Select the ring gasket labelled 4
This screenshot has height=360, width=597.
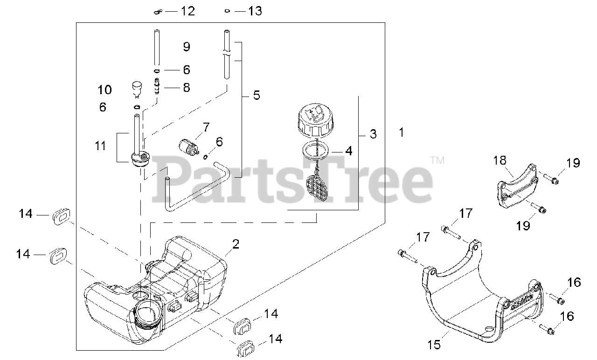pos(316,150)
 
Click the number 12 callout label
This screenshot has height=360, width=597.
pos(187,11)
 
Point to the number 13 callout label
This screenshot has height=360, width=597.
pos(255,11)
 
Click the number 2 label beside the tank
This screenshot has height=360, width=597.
pos(236,243)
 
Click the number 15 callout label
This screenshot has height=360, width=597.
pos(434,346)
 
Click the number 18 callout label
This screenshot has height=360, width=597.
pos(500,161)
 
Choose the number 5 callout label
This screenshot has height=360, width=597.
pos(257,96)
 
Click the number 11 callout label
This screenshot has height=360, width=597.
pos(100,146)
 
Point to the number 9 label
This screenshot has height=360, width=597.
pos(187,47)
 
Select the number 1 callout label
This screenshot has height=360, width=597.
pos(401,132)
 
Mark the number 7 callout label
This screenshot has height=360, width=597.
pos(206,126)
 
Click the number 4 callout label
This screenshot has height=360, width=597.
pos(348,151)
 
